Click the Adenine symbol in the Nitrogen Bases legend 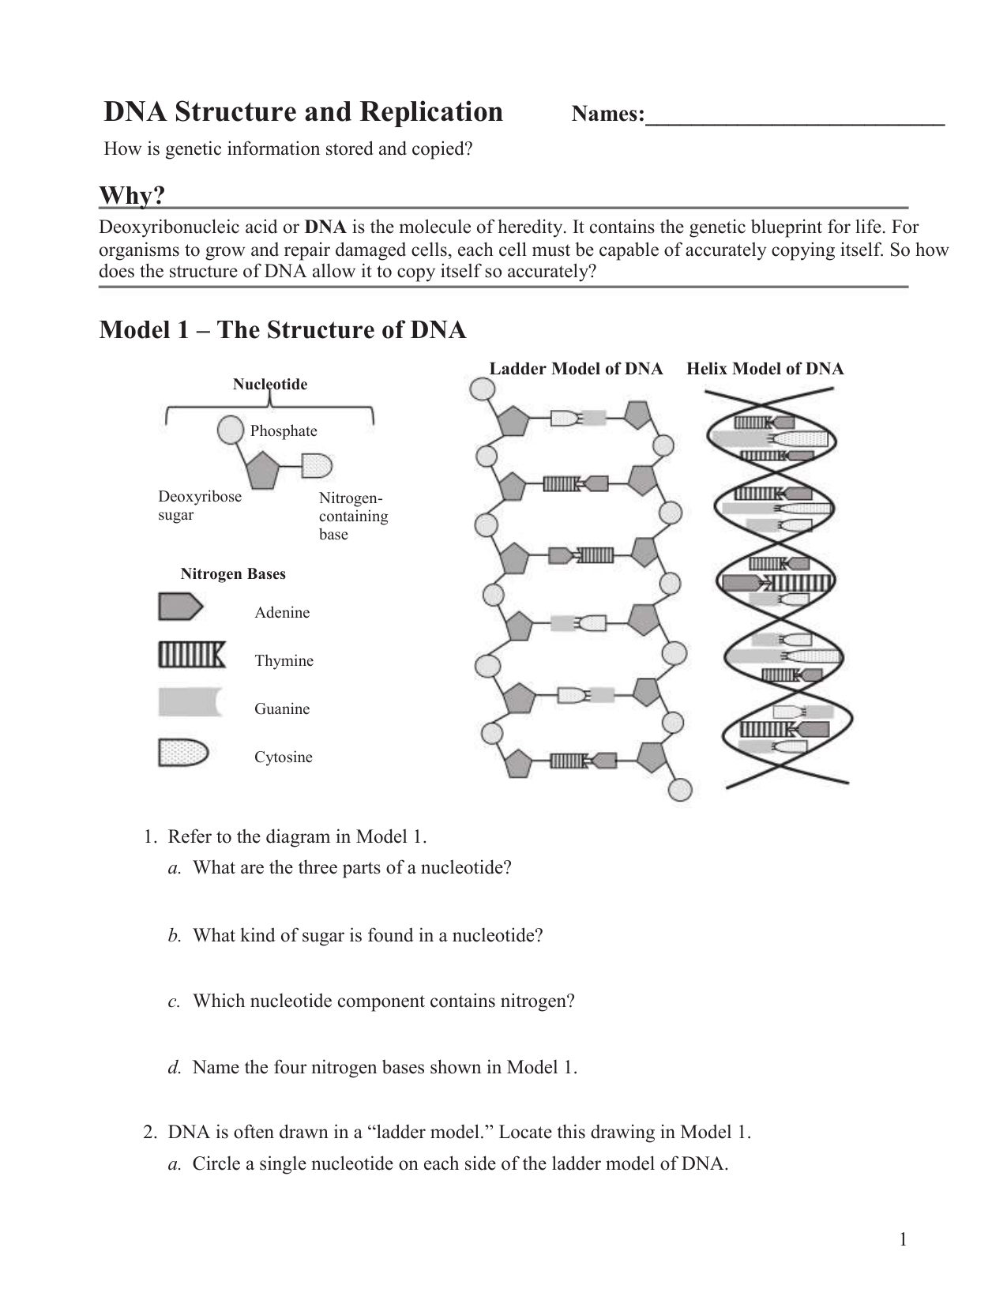point(180,607)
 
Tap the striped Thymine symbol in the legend point(191,655)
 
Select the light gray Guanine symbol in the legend point(190,702)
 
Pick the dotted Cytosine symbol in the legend point(182,752)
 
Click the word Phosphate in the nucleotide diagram point(284,431)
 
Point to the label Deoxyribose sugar point(199,505)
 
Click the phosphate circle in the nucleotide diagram point(230,430)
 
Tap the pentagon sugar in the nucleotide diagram point(263,471)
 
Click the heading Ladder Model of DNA point(576,369)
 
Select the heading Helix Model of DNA point(765,369)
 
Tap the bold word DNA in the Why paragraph point(325,228)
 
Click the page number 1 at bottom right point(903,1239)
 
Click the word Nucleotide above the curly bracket point(269,385)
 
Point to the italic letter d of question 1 point(173,1068)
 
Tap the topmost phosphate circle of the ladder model point(482,388)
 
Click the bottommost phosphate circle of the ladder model point(680,789)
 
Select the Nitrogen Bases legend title point(233,574)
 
